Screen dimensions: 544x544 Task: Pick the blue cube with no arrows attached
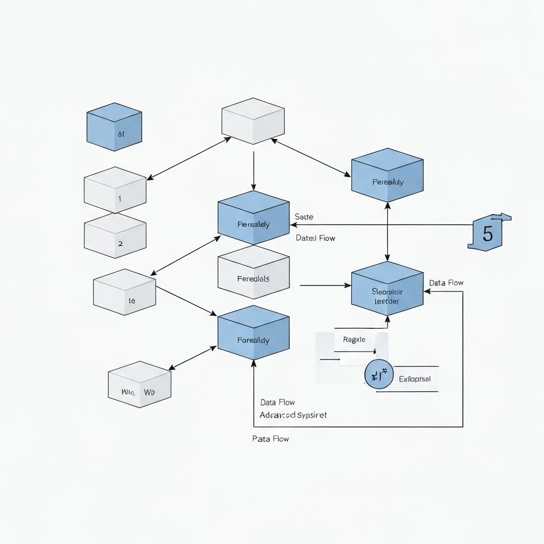114,127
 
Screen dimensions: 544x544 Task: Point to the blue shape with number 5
488,232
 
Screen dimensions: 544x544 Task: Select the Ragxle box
354,340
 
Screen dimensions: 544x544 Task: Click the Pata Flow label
270,439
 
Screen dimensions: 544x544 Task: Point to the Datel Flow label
316,238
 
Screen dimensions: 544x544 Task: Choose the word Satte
304,217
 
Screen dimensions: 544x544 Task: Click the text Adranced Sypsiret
293,415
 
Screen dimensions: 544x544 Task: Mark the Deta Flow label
446,283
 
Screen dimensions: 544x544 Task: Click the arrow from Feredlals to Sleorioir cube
325,286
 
